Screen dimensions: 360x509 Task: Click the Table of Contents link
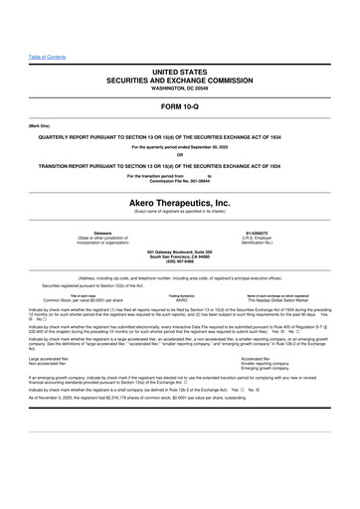click(47, 56)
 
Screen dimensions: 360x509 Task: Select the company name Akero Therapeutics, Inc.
click(180, 201)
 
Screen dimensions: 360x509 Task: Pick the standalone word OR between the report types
click(180, 153)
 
